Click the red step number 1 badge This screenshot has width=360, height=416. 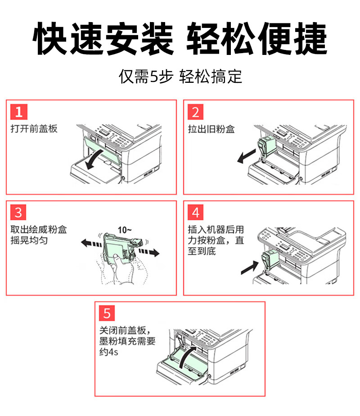pyautogui.click(x=19, y=112)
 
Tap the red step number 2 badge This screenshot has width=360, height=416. pyautogui.click(x=196, y=112)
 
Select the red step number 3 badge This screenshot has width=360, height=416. pyautogui.click(x=18, y=212)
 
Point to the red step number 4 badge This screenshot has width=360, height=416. pyautogui.click(x=196, y=212)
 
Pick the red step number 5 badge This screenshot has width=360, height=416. pyautogui.click(x=107, y=313)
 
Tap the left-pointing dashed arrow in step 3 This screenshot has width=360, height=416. pyautogui.click(x=91, y=243)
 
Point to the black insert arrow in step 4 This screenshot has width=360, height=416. pyautogui.click(x=250, y=268)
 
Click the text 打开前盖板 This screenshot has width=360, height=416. pyautogui.click(x=34, y=129)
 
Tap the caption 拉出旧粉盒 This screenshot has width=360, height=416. pyautogui.click(x=211, y=129)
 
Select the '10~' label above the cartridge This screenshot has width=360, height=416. pyautogui.click(x=124, y=230)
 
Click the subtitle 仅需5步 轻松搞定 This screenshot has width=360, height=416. pyautogui.click(x=180, y=77)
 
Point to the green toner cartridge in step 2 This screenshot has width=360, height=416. pyautogui.click(x=267, y=148)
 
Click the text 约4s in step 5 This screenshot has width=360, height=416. pyautogui.click(x=109, y=352)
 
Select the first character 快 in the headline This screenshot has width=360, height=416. pyautogui.click(x=49, y=38)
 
